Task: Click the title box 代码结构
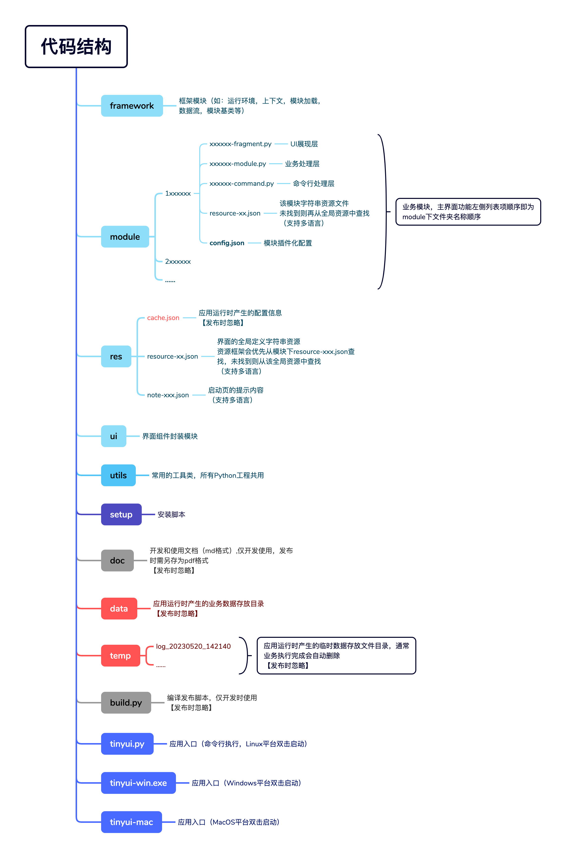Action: coord(76,47)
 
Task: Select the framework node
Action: coord(132,106)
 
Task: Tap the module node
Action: coord(125,237)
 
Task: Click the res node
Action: coord(116,356)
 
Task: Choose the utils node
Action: coord(118,475)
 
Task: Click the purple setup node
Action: coord(121,514)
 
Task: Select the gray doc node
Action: coord(117,560)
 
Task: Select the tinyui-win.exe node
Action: coord(139,783)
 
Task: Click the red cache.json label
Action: coord(163,318)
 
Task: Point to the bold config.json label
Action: coord(227,243)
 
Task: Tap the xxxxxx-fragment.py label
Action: coord(240,144)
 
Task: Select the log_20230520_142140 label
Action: coord(193,646)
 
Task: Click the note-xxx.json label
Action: coord(168,395)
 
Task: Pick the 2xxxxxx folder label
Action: coord(178,262)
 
